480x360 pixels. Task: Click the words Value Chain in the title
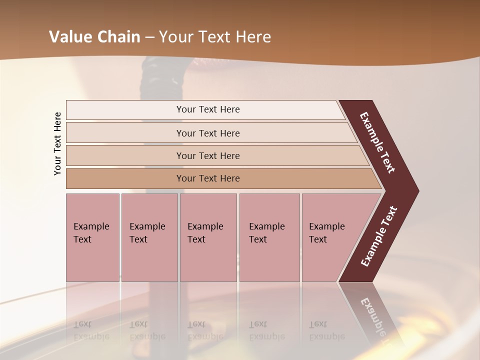(94, 37)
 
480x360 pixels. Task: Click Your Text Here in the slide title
(215, 37)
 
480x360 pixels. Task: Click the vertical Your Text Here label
(57, 143)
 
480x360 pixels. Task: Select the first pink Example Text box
(92, 237)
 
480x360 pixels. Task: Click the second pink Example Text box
(149, 237)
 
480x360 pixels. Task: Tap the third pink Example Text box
(208, 237)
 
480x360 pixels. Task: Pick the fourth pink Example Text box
(269, 237)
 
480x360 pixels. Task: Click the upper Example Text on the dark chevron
(377, 143)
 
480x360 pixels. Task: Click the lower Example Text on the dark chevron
(379, 236)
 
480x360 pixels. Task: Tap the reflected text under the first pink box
(91, 330)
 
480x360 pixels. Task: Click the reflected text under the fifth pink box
(326, 330)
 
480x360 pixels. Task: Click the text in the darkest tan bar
(208, 178)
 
